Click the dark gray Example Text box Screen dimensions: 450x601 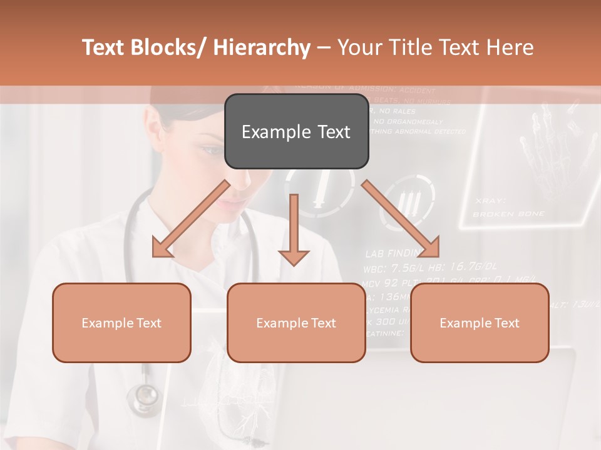point(296,132)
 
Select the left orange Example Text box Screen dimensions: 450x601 point(121,322)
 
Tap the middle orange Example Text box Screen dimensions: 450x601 point(296,322)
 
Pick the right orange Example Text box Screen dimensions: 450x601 point(480,322)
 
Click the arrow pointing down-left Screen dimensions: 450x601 point(190,219)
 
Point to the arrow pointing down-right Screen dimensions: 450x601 point(401,219)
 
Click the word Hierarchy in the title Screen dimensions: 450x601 point(262,48)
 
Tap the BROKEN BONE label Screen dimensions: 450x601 point(508,214)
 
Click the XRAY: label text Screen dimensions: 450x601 point(490,201)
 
